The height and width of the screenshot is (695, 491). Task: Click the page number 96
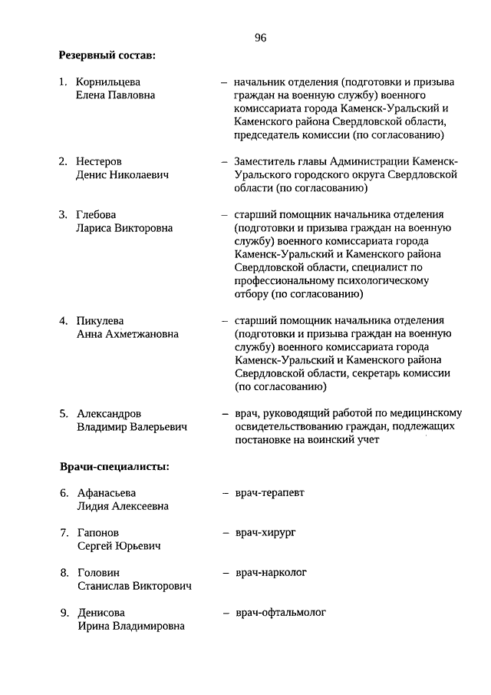pos(260,38)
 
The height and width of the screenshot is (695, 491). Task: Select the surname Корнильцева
pos(108,81)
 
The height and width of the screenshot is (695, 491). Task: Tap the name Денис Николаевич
pos(123,175)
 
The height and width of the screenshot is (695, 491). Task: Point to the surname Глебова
pos(97,214)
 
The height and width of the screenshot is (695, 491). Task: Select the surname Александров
pos(109,413)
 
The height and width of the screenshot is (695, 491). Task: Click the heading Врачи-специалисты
pos(114,466)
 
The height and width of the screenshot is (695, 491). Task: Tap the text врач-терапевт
pos(269,492)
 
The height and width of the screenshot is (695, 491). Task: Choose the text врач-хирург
pos(265,531)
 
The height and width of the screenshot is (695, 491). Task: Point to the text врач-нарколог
pos(271,572)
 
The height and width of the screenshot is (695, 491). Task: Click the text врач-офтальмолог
pos(281,612)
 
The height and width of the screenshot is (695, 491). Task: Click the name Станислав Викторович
pos(134,586)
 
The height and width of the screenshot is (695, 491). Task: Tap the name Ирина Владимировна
pos(130,626)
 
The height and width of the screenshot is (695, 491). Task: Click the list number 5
pos(64,413)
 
